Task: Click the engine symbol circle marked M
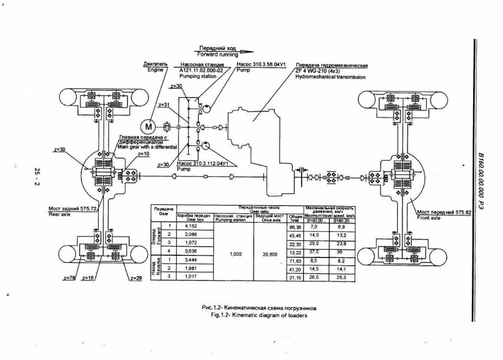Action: (x=149, y=126)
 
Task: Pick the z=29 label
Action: (x=136, y=279)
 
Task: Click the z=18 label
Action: (x=88, y=279)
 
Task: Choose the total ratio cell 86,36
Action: (x=294, y=226)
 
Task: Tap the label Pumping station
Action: (x=198, y=77)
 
